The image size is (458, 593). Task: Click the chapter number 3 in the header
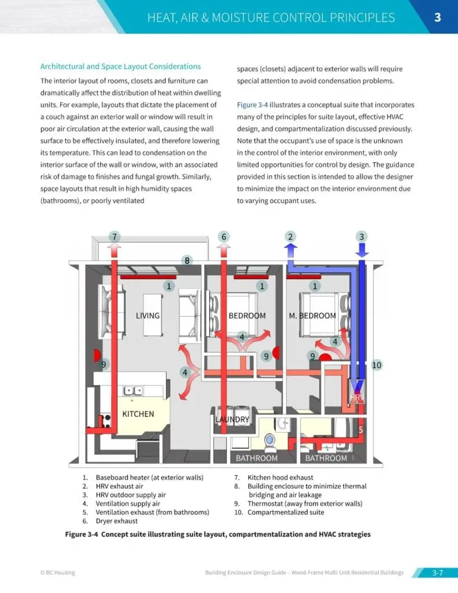click(438, 17)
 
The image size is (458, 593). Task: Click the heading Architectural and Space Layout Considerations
click(120, 67)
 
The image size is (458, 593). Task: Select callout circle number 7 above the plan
click(115, 236)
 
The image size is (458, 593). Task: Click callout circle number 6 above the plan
click(224, 236)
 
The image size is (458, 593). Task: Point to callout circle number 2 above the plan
click(291, 236)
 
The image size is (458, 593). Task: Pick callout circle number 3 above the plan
click(362, 236)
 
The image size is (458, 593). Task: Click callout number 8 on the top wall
click(187, 261)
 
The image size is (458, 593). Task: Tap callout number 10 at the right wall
click(377, 365)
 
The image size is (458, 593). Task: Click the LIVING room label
click(148, 316)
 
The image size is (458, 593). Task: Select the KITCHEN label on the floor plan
click(138, 414)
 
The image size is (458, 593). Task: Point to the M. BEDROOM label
click(312, 316)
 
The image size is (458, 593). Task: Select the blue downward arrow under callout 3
click(362, 251)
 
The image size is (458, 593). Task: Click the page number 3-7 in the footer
click(437, 573)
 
